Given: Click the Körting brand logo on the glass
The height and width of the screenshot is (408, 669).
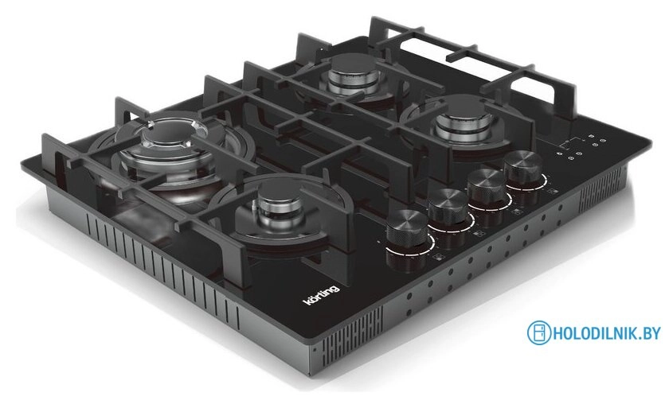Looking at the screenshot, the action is pyautogui.click(x=321, y=293).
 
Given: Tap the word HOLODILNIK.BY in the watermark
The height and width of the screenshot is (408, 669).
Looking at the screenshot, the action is pyautogui.click(x=607, y=333).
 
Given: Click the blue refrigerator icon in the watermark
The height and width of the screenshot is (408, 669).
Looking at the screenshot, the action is pyautogui.click(x=539, y=332).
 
